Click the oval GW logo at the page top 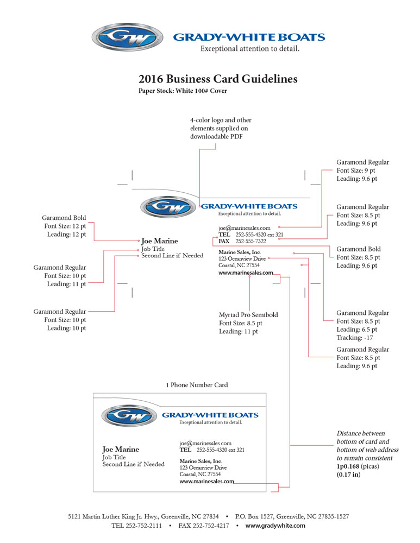tap(128, 37)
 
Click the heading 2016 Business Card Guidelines tap(218, 79)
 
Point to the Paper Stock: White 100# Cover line tap(183, 91)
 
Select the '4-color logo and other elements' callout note tap(221, 128)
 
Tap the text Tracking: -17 tap(354, 338)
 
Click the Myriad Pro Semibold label tap(248, 315)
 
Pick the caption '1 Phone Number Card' tap(197, 385)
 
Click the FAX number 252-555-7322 tap(251, 241)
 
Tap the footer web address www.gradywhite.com tap(275, 526)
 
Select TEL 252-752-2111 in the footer tap(136, 526)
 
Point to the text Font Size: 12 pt tap(65, 226)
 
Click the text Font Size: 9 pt tap(356, 171)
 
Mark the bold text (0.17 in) tap(349, 475)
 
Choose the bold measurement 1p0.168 tap(348, 466)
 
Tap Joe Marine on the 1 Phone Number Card tap(121, 449)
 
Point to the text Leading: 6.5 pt tap(356, 330)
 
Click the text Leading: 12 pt tap(66, 235)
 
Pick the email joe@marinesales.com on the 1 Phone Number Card tap(205, 443)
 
